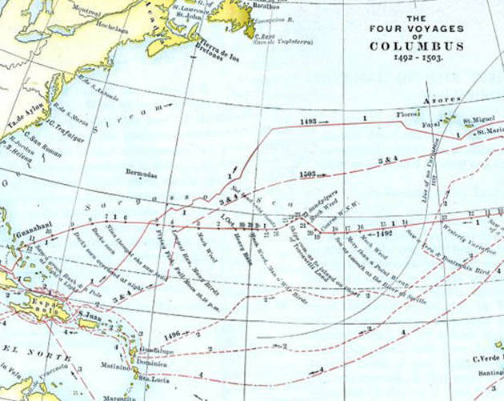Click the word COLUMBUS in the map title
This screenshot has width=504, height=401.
click(417, 46)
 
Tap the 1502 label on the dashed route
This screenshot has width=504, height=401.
click(309, 173)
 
